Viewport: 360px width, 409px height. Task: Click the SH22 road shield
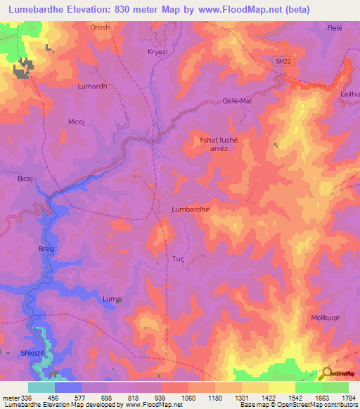283,62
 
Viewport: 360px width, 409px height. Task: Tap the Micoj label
76,121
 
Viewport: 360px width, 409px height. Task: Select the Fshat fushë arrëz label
219,144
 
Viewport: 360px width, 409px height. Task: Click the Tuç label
178,259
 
